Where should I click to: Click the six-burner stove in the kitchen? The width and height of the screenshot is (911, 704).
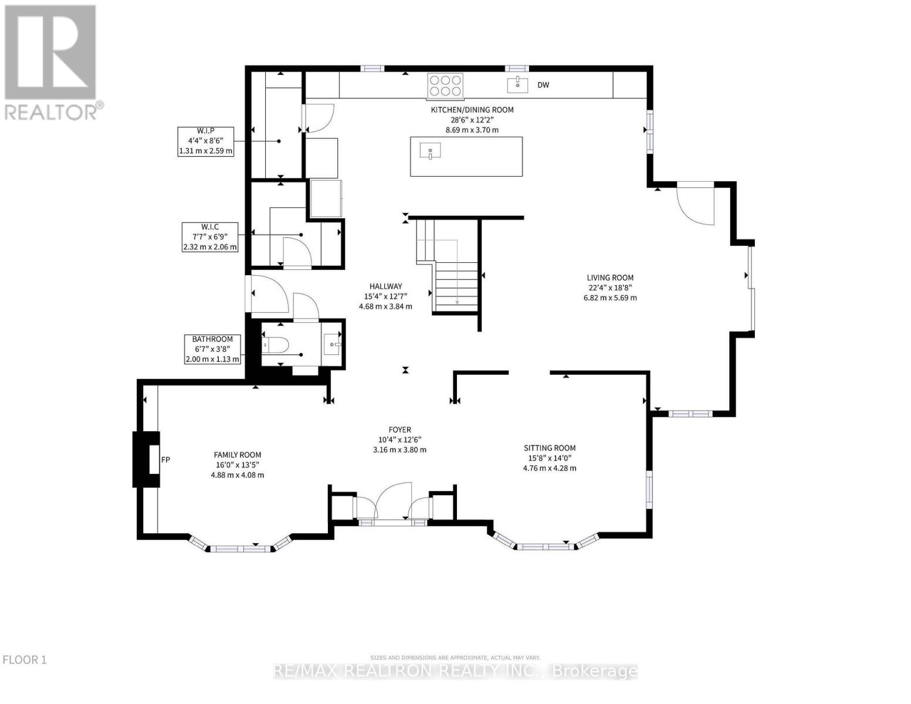click(x=445, y=86)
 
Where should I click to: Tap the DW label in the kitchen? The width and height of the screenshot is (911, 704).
click(x=543, y=85)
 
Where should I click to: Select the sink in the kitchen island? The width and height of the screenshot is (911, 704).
click(x=430, y=151)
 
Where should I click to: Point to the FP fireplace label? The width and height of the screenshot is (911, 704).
click(x=165, y=459)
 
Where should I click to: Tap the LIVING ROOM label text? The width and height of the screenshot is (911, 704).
click(x=610, y=277)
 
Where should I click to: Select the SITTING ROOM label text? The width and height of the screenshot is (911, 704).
click(x=549, y=448)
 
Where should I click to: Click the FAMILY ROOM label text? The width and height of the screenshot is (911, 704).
click(x=238, y=455)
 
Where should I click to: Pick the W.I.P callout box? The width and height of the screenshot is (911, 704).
click(x=205, y=141)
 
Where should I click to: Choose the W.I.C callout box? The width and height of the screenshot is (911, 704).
click(x=210, y=237)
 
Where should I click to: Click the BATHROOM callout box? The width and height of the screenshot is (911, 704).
click(x=212, y=349)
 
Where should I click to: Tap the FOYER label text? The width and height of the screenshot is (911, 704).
click(x=399, y=429)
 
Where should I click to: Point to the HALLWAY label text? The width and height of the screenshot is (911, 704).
click(x=385, y=286)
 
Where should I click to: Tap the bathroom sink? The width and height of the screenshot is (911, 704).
click(x=333, y=344)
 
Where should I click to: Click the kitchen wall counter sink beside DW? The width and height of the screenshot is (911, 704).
click(x=518, y=84)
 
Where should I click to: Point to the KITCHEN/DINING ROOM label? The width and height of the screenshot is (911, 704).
click(x=472, y=110)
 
